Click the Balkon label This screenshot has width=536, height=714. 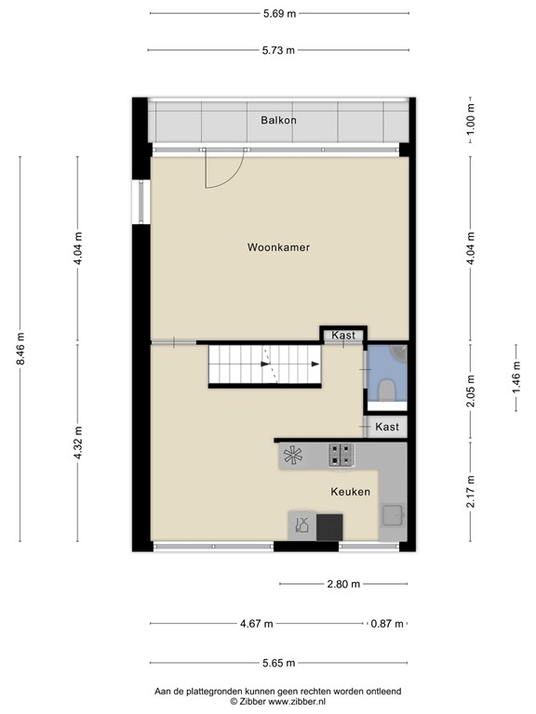[x=278, y=120]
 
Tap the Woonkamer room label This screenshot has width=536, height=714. [x=278, y=248]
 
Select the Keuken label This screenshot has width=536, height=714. [x=350, y=492]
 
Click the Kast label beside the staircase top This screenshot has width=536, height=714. [x=343, y=335]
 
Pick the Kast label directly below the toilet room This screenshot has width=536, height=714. [x=387, y=427]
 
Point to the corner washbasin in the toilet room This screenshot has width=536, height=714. [x=398, y=352]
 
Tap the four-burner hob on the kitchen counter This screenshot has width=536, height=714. [x=341, y=455]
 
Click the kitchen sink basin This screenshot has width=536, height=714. [x=391, y=514]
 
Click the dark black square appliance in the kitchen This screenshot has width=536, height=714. [x=329, y=526]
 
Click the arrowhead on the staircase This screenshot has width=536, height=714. [x=315, y=364]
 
